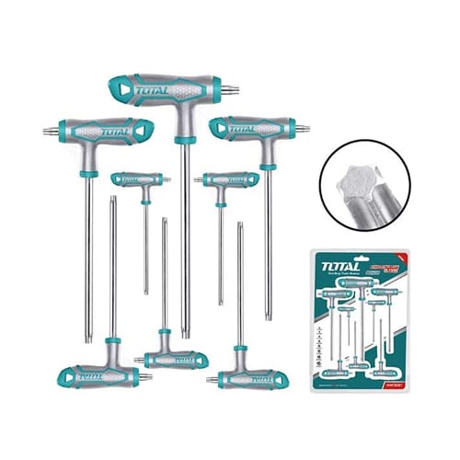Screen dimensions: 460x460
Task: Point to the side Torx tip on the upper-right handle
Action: (x=293, y=130)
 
